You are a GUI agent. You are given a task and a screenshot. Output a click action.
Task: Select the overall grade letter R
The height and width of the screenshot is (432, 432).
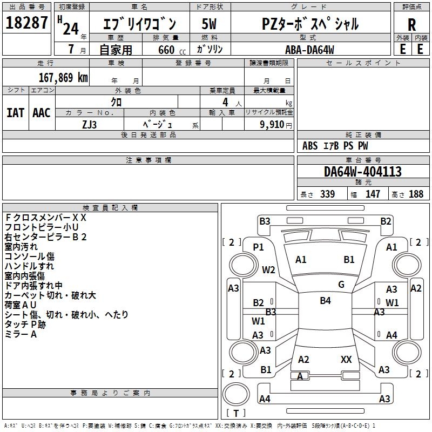click(411, 24)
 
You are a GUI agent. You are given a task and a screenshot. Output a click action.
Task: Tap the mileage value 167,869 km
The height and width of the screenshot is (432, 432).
click(63, 77)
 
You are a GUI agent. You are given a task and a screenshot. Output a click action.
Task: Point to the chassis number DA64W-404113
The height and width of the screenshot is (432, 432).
click(363, 172)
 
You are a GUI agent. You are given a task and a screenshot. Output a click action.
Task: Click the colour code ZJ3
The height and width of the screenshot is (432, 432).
click(90, 124)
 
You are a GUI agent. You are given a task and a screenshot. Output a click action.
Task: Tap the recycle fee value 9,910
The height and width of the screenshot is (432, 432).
click(272, 124)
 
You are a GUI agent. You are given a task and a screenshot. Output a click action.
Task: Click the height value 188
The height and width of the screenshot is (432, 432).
click(416, 194)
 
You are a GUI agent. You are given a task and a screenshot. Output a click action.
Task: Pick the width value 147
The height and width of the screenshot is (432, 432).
click(373, 194)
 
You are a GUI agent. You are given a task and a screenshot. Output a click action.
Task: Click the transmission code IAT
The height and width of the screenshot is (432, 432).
click(15, 113)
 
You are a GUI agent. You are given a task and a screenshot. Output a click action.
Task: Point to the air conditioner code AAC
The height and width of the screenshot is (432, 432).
click(42, 113)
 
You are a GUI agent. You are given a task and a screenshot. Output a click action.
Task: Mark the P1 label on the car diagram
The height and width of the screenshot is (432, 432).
click(259, 247)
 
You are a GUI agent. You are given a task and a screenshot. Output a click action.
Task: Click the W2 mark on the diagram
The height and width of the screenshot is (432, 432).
click(268, 270)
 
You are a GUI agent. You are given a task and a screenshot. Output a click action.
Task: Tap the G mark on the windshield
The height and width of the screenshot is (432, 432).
click(341, 284)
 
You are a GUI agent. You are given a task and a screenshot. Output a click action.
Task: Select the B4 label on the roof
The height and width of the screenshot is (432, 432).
click(325, 301)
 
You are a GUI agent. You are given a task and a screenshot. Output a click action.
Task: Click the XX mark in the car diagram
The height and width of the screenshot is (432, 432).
click(346, 359)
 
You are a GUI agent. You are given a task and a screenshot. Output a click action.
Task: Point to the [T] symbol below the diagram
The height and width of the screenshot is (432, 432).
click(235, 413)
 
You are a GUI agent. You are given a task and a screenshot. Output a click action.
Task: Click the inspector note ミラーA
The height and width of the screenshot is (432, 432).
click(21, 334)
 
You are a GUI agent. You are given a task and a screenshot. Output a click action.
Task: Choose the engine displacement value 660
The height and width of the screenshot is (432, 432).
click(166, 50)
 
